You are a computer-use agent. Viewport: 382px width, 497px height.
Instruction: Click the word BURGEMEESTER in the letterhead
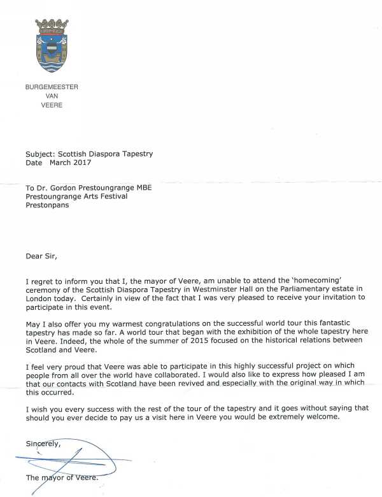pos(52,87)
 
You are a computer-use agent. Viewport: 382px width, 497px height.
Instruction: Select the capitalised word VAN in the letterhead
pos(52,96)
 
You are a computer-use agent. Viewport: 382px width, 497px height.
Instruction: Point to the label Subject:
pos(41,153)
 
